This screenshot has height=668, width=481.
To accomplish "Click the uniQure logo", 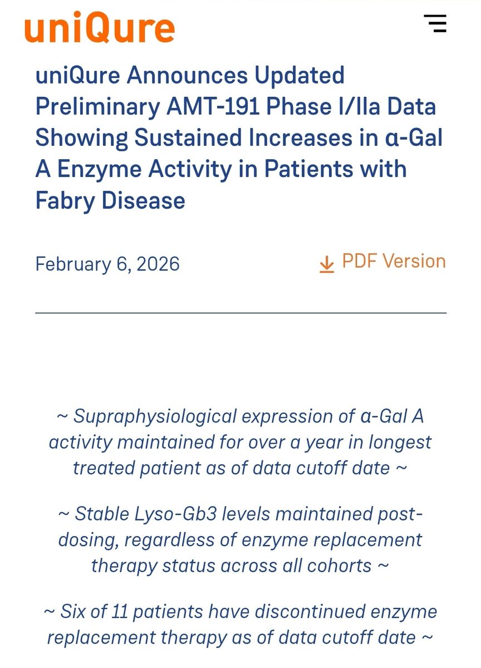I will tap(100, 27).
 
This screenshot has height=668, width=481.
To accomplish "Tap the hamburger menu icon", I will tap(435, 23).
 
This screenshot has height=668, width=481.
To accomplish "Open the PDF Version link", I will tap(394, 261).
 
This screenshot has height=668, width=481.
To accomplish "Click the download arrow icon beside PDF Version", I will tap(327, 263).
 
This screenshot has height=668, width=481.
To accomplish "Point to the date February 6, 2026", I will tap(107, 263).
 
